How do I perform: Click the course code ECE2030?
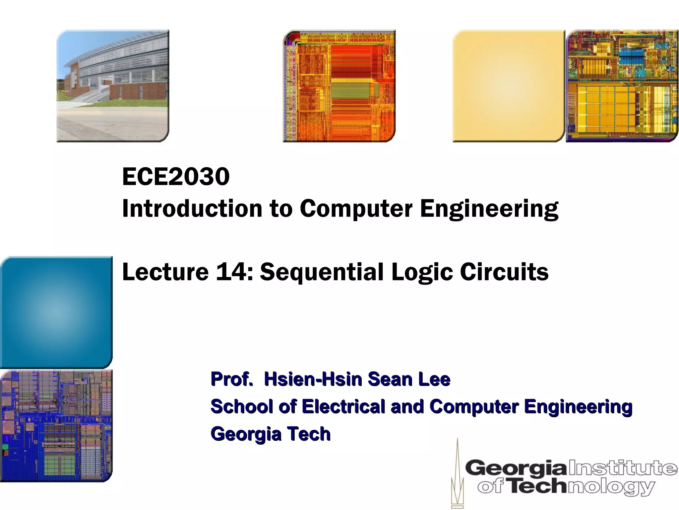(x=176, y=177)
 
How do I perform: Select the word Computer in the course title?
(x=356, y=209)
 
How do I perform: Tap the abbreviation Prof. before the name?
(x=232, y=379)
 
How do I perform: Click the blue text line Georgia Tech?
(x=271, y=434)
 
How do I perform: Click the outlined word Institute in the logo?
(x=623, y=468)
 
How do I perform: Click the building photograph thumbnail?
(x=113, y=86)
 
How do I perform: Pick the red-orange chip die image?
(x=339, y=86)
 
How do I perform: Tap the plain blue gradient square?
(x=56, y=312)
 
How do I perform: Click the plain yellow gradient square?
(x=509, y=86)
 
